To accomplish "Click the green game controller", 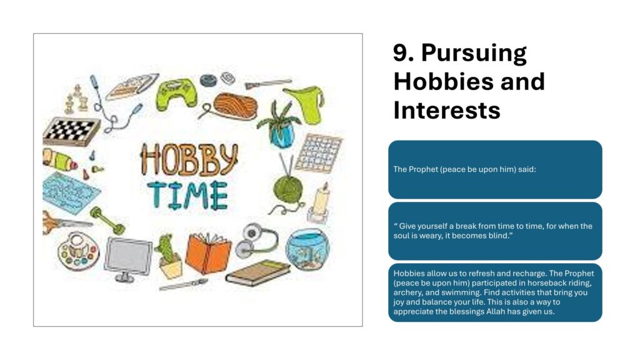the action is [176, 94].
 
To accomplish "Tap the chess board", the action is [71, 131].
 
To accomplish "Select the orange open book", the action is [208, 252].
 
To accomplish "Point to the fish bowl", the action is [307, 249].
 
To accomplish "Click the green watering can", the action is [306, 104].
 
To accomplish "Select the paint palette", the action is [78, 251].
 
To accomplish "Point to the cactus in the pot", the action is [169, 257].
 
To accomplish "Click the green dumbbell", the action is [107, 221].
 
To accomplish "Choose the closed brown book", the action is [258, 273].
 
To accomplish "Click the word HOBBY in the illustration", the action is [189, 159].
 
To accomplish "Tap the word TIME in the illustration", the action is [187, 196].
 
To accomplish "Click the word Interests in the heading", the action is [446, 110].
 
